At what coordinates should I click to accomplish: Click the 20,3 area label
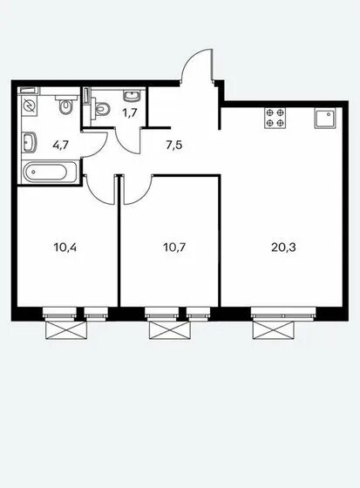[x=283, y=247]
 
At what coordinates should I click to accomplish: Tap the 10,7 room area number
[x=174, y=247]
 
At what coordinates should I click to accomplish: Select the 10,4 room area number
[x=65, y=247]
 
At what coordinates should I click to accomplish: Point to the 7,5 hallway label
[x=174, y=145]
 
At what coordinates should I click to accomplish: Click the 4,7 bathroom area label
[x=60, y=145]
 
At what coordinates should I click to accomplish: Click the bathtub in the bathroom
[x=50, y=172]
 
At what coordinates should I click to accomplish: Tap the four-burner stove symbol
[x=275, y=118]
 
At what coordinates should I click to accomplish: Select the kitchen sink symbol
[x=325, y=119]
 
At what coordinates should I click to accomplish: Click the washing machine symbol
[x=30, y=106]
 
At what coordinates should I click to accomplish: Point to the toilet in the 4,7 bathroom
[x=65, y=104]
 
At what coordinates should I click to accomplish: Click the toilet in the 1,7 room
[x=100, y=108]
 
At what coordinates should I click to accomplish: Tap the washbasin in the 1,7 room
[x=132, y=95]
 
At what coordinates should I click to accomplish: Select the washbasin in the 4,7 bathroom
[x=29, y=142]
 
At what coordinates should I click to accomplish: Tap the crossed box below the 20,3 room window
[x=274, y=330]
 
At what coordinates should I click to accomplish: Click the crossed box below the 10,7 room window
[x=170, y=330]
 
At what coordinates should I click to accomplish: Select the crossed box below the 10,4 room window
[x=65, y=330]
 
